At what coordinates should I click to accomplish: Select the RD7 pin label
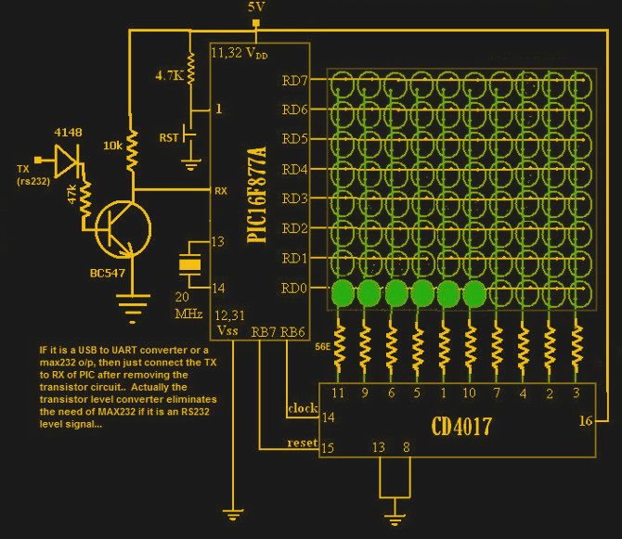(x=294, y=80)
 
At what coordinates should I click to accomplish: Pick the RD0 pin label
(x=294, y=287)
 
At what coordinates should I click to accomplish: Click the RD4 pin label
(x=294, y=169)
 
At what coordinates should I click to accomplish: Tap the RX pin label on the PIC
(x=222, y=191)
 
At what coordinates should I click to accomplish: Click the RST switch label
(x=169, y=138)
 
